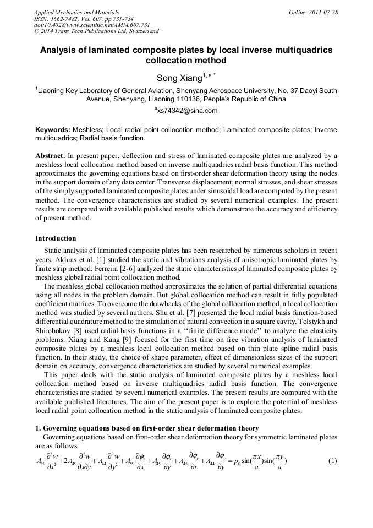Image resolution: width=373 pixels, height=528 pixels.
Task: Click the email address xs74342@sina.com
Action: coord(186,111)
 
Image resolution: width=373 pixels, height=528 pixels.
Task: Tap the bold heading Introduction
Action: coord(56,238)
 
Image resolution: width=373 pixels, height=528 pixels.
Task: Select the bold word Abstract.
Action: coord(51,156)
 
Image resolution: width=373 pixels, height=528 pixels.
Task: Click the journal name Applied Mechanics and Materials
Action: coord(76,12)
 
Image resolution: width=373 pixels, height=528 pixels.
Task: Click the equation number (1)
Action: coord(332,461)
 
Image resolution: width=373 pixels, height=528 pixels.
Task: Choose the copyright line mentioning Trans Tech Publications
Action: coord(96,32)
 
